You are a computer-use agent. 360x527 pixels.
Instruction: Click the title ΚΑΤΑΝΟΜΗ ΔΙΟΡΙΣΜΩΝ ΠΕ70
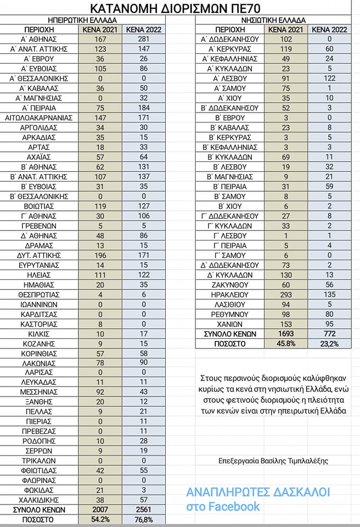(x=179, y=8)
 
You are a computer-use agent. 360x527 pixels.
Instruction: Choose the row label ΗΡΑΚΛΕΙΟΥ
(x=230, y=295)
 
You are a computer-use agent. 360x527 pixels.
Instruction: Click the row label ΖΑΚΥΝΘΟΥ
(x=230, y=285)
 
